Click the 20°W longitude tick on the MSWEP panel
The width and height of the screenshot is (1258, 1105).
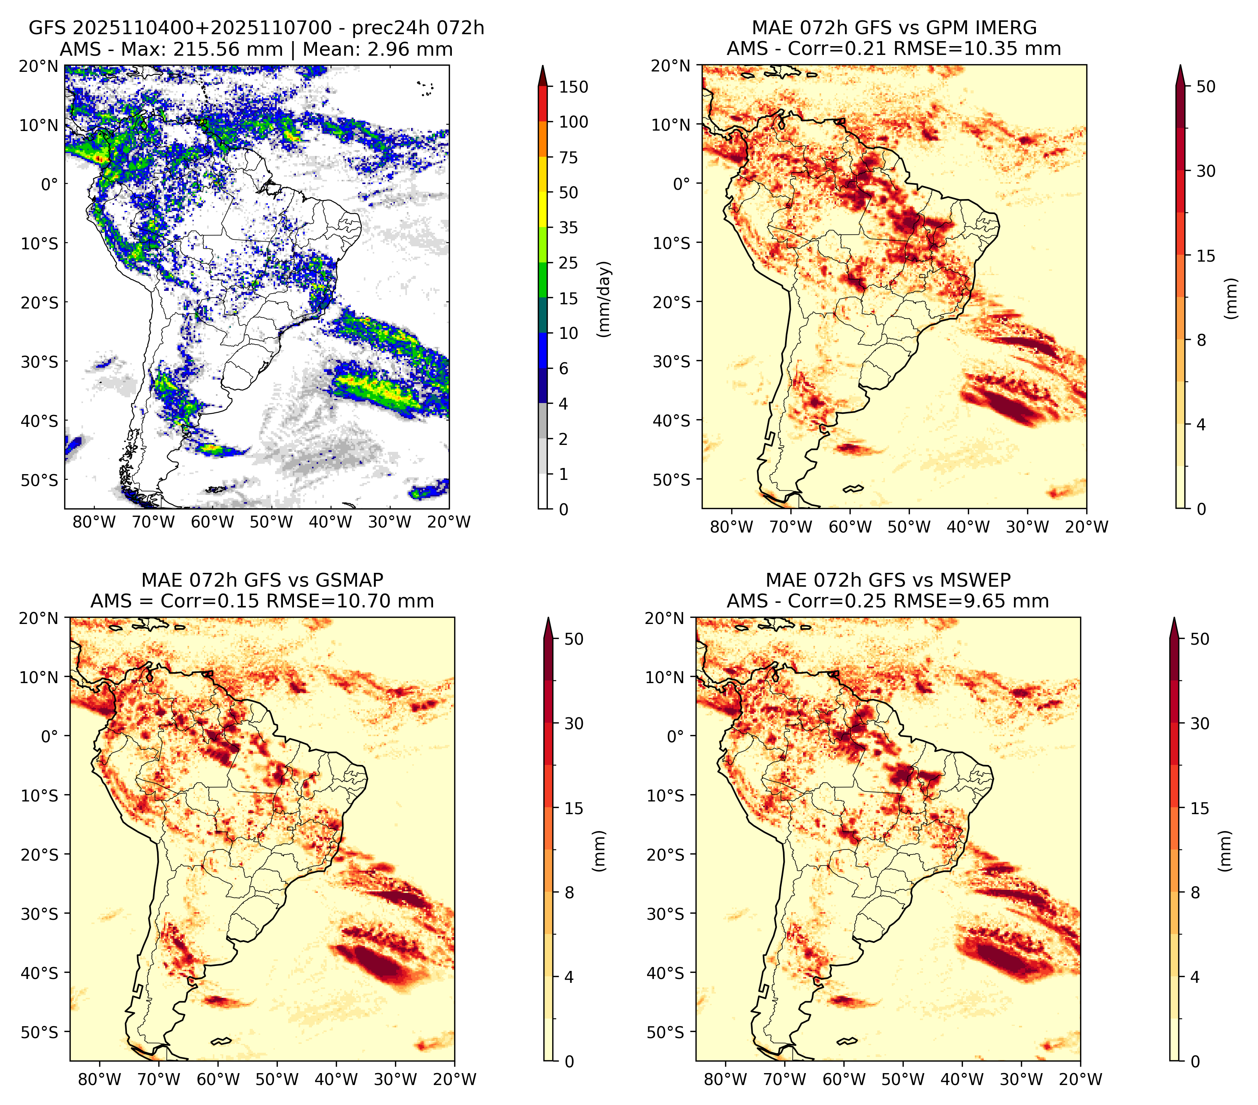pyautogui.click(x=1081, y=1079)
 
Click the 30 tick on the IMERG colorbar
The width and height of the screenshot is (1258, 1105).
pyautogui.click(x=1206, y=171)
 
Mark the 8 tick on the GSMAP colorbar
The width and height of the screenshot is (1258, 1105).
pyautogui.click(x=569, y=892)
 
